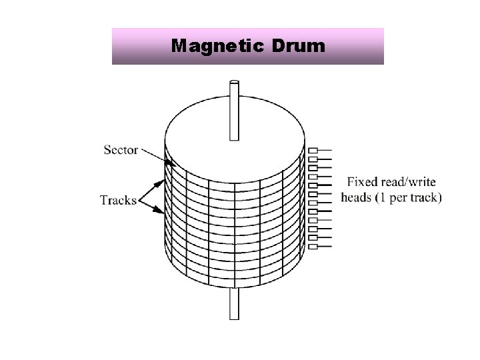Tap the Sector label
pyautogui.click(x=121, y=149)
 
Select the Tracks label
pyautogui.click(x=118, y=199)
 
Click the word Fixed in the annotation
pyautogui.click(x=361, y=181)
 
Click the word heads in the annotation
pyautogui.click(x=356, y=197)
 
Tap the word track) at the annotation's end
pyautogui.click(x=425, y=197)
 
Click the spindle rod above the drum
pyautogui.click(x=234, y=110)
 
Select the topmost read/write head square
pyautogui.click(x=312, y=151)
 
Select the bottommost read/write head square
pyautogui.click(x=312, y=246)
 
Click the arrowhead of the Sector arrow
pyautogui.click(x=169, y=164)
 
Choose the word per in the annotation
pyautogui.click(x=401, y=198)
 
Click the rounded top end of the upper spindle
pyautogui.click(x=234, y=82)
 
